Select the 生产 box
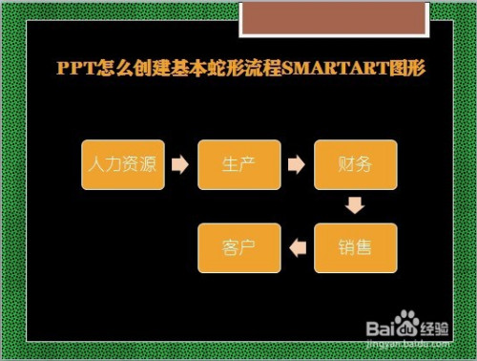click(x=239, y=164)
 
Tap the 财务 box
click(x=355, y=164)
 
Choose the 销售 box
click(x=355, y=247)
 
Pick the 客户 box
click(x=239, y=247)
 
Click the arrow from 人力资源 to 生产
click(x=180, y=164)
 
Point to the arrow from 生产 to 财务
click(x=297, y=164)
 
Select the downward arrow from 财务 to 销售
click(x=355, y=206)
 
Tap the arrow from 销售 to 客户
click(x=297, y=247)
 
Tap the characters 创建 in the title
click(x=143, y=70)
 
